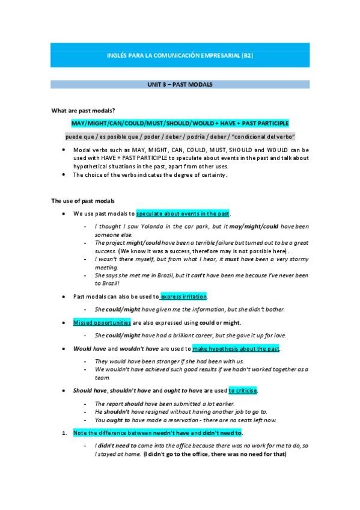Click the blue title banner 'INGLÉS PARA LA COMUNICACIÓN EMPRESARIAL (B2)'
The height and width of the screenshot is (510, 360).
coord(180,55)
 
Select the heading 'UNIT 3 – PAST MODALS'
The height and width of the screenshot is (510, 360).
coord(180,85)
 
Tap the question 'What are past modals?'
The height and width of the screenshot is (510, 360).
coord(83,110)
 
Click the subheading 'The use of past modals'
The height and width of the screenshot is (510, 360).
coord(83,200)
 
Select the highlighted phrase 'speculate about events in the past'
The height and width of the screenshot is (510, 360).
coord(183,214)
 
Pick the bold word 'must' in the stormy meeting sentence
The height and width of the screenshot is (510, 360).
coord(232,259)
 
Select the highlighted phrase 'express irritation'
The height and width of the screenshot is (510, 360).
coord(184,296)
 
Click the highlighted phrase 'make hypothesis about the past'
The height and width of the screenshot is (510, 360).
coord(236,348)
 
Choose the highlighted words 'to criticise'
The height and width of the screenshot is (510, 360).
coord(243,390)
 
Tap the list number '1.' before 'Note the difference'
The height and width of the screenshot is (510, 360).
coord(65,432)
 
